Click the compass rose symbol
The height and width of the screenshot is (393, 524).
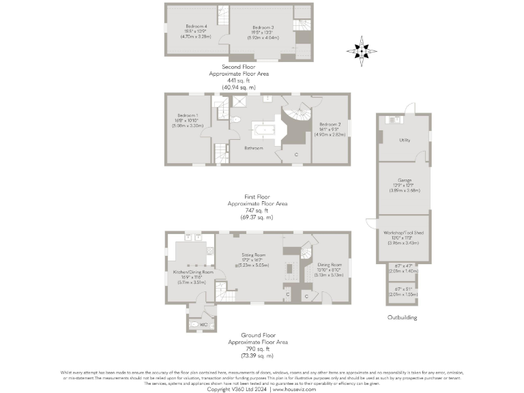362,50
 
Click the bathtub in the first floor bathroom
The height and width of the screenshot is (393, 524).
263,130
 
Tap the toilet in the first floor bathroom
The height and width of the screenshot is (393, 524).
236,119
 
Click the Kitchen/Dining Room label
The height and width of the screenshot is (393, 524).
188,272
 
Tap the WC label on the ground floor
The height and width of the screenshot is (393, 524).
203,325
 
